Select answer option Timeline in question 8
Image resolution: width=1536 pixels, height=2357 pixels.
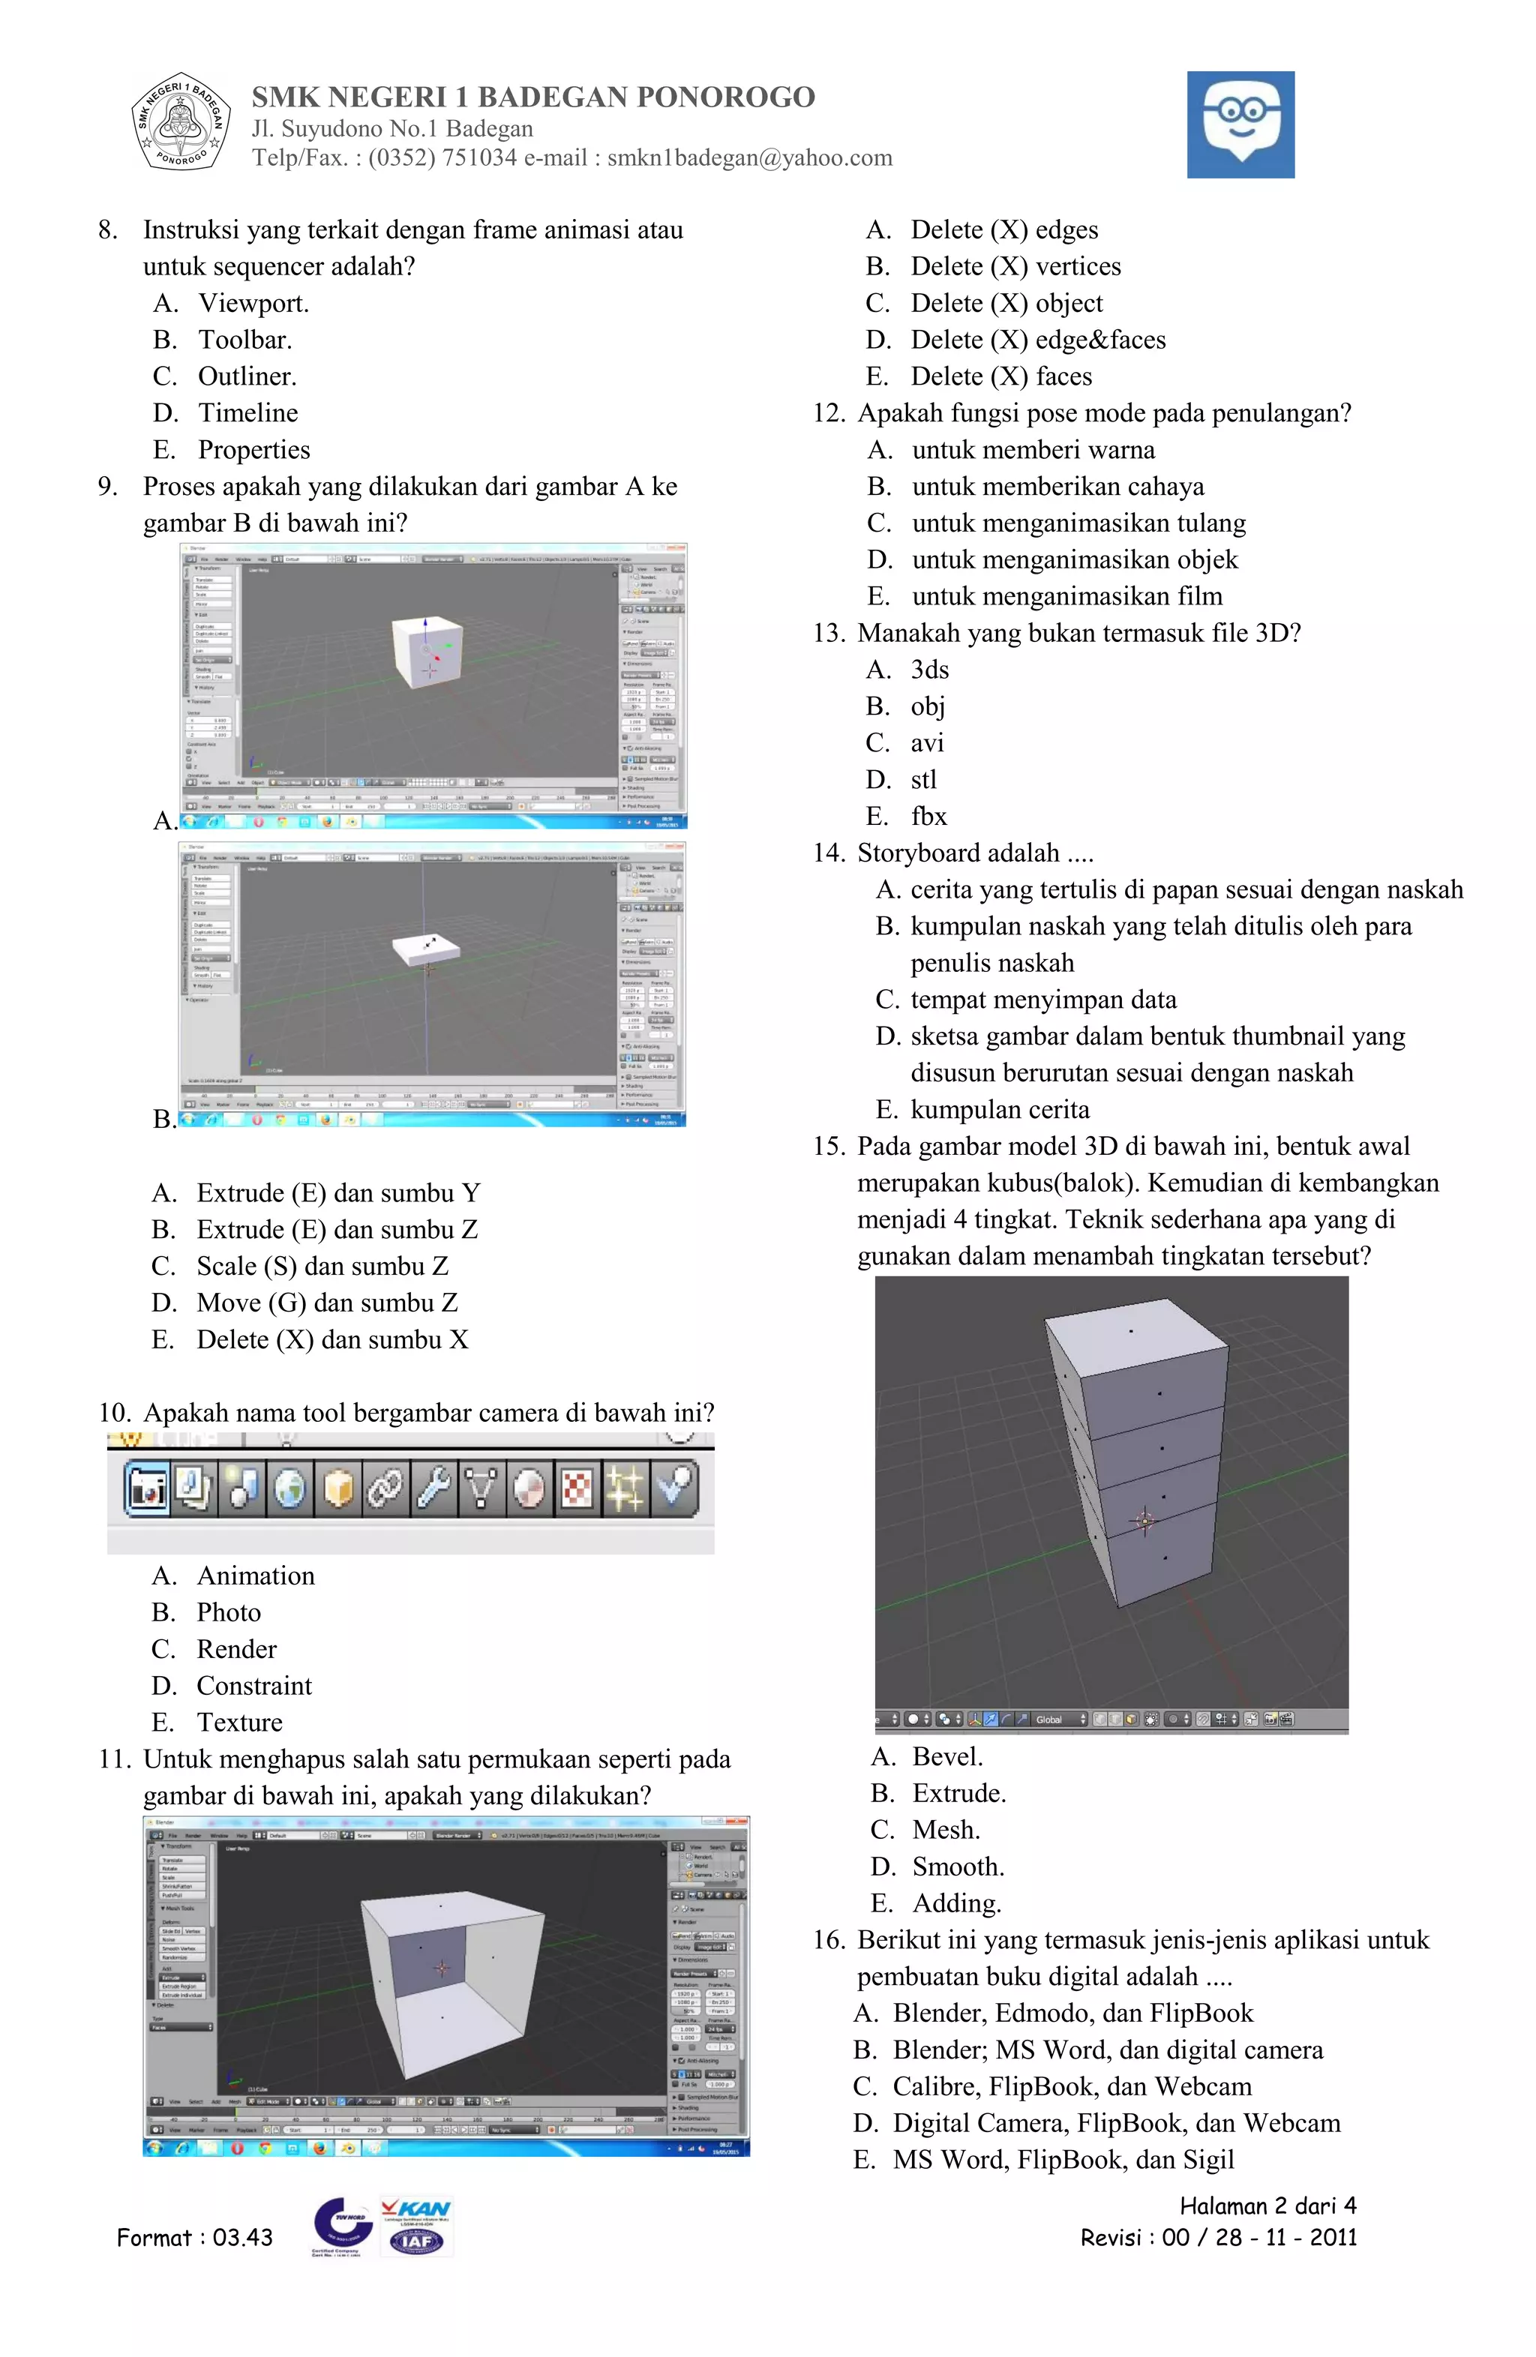coord(247,413)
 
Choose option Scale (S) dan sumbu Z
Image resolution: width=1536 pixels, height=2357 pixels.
coord(322,1266)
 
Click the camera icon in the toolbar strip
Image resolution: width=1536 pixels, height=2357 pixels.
coord(146,1488)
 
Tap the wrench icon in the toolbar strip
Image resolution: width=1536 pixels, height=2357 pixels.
coord(433,1488)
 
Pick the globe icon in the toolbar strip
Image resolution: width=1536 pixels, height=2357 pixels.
coord(290,1488)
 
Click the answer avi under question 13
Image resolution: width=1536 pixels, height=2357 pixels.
coord(927,742)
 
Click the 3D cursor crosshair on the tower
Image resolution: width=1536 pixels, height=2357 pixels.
coord(1144,1520)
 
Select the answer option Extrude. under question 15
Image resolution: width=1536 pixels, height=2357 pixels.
coord(958,1794)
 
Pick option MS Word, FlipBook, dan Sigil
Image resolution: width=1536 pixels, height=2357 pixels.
coord(1063,2160)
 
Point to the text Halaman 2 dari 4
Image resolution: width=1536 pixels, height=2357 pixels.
coord(1267,2206)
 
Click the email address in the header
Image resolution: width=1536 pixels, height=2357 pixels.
coord(750,158)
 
